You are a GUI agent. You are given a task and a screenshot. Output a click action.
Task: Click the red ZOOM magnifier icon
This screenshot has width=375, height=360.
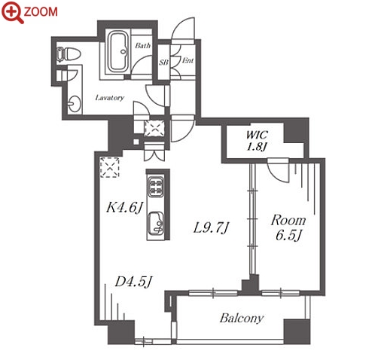(12, 12)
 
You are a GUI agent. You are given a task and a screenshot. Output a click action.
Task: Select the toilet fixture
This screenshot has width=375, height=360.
(68, 54)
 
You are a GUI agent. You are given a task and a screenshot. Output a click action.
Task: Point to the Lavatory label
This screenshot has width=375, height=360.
(110, 97)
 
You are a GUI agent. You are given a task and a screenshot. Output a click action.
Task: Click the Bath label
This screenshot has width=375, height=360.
(143, 45)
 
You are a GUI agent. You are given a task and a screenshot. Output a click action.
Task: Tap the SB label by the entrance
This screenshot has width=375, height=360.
(163, 62)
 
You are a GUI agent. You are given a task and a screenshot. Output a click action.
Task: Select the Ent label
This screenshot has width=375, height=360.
(187, 60)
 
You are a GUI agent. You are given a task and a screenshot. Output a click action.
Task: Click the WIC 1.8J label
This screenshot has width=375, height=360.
(256, 141)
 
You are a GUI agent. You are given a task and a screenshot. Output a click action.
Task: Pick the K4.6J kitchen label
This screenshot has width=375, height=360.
(125, 208)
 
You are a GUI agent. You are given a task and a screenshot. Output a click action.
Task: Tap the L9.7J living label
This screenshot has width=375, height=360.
(211, 228)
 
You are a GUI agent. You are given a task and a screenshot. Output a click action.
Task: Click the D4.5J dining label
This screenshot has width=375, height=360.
(133, 282)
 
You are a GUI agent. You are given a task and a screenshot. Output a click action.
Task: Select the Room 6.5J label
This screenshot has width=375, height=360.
(288, 227)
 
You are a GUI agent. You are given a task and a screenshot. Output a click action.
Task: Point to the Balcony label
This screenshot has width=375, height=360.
(242, 319)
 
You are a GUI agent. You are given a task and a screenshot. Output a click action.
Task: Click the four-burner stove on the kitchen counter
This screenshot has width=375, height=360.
(156, 186)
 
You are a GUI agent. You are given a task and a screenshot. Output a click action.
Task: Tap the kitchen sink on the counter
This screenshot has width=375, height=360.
(156, 224)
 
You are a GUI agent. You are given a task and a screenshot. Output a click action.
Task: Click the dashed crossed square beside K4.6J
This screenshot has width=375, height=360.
(110, 167)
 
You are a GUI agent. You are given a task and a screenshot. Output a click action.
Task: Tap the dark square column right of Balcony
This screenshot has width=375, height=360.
(297, 331)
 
